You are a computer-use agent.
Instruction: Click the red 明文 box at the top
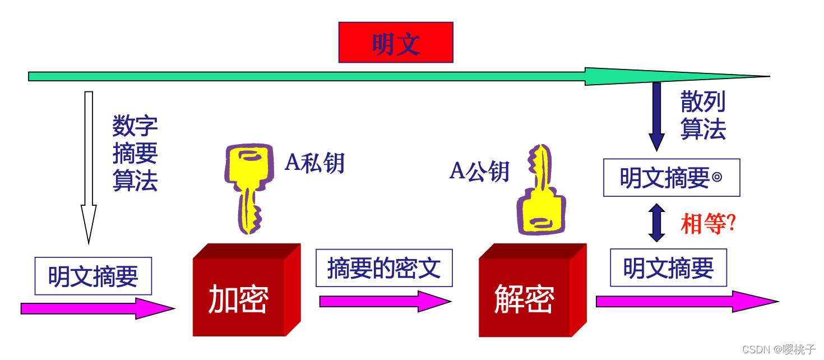396,42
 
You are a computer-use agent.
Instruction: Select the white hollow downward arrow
89,168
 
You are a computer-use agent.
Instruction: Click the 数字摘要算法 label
135,153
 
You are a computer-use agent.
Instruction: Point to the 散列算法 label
703,115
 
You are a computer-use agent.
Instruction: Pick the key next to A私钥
249,188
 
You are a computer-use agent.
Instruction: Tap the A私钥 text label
315,162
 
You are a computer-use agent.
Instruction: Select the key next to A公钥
541,190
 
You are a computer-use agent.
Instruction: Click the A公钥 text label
479,171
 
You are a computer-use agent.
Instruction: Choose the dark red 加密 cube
247,290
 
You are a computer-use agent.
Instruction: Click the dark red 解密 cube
533,290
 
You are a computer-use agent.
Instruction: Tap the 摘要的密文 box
384,268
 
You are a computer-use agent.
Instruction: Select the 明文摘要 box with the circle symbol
672,177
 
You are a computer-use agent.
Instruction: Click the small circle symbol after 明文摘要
717,177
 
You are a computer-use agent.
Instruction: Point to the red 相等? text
708,223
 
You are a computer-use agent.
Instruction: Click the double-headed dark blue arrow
656,223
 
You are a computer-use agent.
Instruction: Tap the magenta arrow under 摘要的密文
386,302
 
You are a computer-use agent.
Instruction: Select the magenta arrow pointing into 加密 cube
98,308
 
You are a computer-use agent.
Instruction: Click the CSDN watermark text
779,349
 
